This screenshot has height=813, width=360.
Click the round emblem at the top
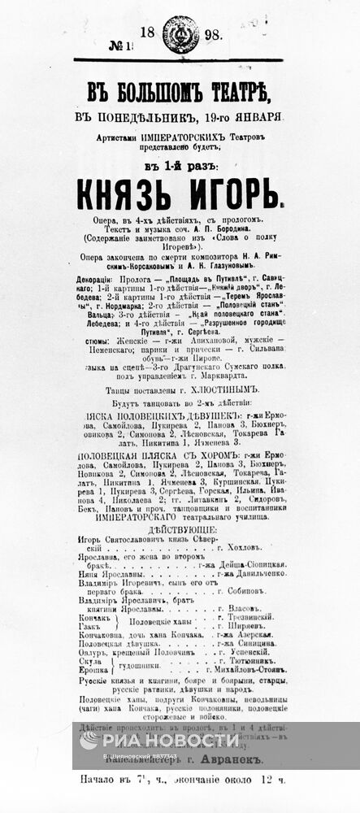(180, 35)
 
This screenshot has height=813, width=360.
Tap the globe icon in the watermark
(90, 739)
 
